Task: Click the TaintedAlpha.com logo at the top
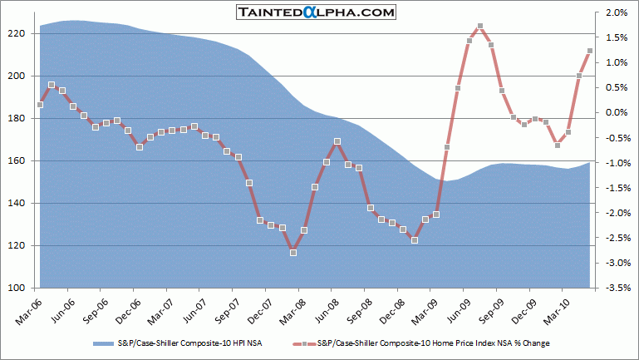316,12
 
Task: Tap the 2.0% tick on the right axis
616,12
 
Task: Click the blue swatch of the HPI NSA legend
103,342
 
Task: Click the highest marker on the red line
480,26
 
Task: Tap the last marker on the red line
590,51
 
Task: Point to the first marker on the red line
40,104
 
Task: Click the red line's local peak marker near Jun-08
337,141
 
